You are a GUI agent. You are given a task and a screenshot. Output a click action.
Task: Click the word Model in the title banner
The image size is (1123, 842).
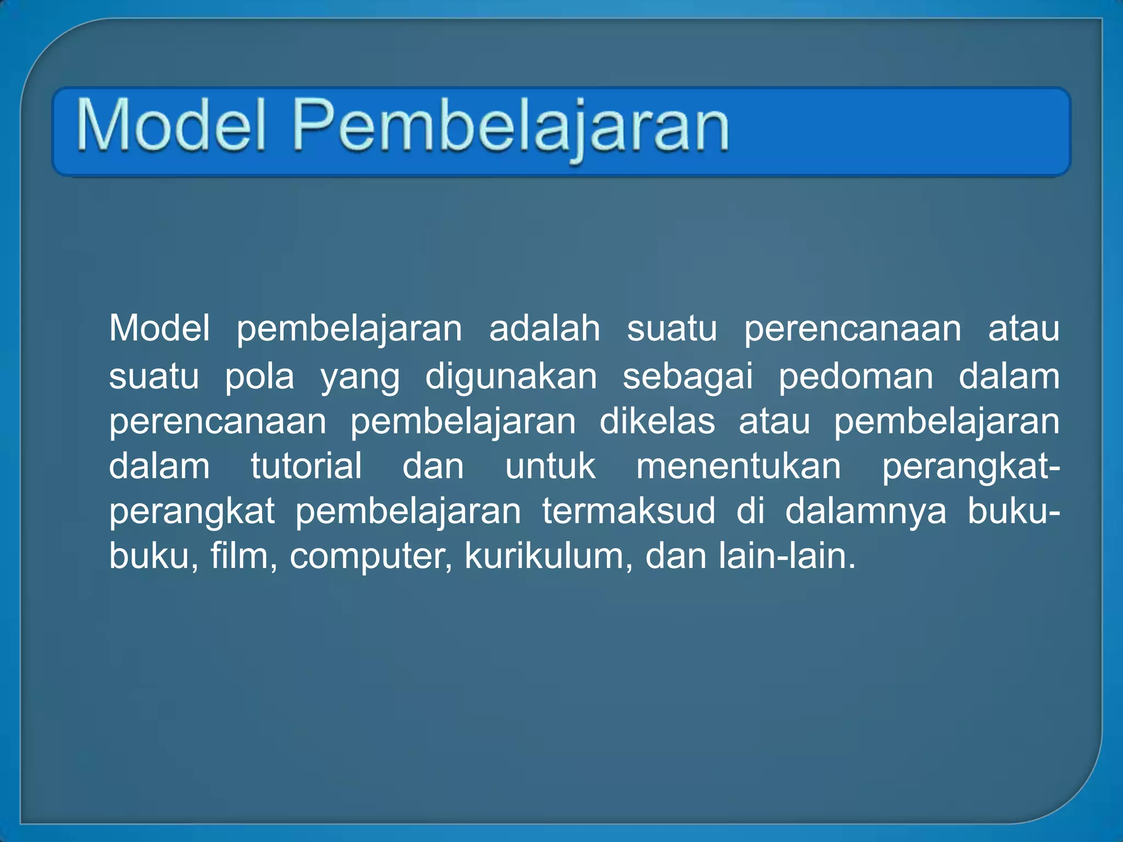172,124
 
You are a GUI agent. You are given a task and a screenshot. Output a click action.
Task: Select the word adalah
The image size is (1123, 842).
545,329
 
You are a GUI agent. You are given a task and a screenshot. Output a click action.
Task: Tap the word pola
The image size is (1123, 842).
259,377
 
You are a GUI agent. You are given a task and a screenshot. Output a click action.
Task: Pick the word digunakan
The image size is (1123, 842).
511,377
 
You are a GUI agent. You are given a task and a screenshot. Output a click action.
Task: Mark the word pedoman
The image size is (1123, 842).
855,377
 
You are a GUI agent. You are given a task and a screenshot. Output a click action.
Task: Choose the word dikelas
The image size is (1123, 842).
657,422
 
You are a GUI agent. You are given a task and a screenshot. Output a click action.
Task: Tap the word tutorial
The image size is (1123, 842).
306,466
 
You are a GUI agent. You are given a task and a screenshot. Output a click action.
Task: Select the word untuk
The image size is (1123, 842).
550,466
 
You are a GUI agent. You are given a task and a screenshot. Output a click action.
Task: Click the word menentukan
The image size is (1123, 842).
738,466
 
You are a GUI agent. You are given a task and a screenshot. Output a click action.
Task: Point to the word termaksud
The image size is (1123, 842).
628,511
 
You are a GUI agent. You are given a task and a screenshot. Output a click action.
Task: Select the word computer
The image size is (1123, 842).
371,557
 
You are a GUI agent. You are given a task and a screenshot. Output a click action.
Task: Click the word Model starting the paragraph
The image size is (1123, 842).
160,329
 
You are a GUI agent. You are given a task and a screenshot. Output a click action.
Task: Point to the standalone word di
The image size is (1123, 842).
750,511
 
